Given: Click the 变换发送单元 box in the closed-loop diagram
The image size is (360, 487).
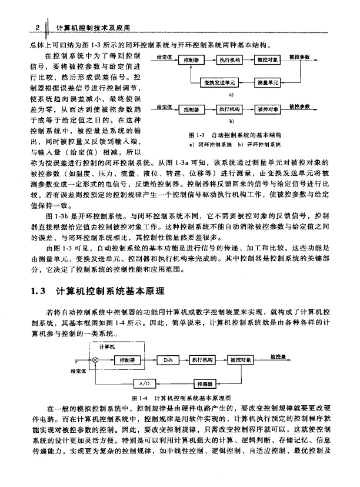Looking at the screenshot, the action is (217, 82).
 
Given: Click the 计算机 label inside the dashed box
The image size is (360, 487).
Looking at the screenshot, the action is (106, 347).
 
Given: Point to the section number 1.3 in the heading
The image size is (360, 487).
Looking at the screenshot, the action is (36, 291).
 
